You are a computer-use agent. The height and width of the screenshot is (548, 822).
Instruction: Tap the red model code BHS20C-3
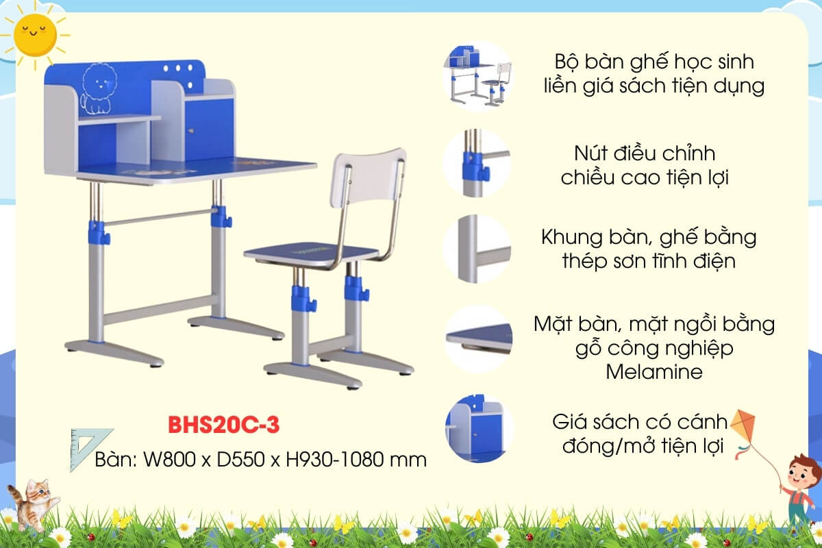(223, 425)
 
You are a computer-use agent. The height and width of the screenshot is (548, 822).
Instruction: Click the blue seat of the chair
(312, 252)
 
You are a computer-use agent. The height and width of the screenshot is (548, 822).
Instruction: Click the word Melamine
(654, 372)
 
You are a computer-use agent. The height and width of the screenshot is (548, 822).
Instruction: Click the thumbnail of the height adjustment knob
(477, 163)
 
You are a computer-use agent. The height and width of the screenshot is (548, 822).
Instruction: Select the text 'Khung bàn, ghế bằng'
(649, 238)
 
